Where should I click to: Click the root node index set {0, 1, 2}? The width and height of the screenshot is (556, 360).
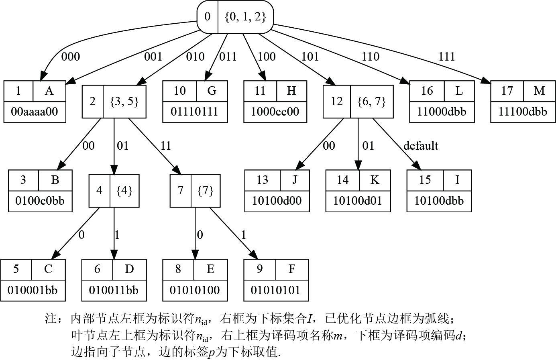245,17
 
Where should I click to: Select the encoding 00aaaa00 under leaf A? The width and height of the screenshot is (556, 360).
35,112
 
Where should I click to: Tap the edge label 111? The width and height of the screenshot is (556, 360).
446,57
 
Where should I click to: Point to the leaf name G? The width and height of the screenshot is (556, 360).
212,91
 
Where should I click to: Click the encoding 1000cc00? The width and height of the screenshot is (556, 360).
275,112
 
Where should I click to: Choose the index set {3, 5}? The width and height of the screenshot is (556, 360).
124,102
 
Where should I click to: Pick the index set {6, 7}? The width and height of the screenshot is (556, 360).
372,102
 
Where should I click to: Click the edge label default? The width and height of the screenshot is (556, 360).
421,146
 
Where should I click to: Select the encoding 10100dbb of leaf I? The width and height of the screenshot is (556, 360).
439,201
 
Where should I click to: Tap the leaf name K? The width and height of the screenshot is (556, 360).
375,180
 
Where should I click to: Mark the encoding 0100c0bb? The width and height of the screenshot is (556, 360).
40,201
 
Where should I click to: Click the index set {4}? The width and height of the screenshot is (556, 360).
124,191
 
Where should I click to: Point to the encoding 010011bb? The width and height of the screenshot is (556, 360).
114,290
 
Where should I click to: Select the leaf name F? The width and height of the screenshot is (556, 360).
292,269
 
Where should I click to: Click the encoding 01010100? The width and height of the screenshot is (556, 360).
195,290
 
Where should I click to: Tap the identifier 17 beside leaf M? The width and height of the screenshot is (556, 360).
507,91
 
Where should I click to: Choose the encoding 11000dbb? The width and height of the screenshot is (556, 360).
442,112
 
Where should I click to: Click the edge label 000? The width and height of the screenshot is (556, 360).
70,57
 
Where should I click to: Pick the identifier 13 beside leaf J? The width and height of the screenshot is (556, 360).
262,180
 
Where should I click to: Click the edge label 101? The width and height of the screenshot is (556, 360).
310,57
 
